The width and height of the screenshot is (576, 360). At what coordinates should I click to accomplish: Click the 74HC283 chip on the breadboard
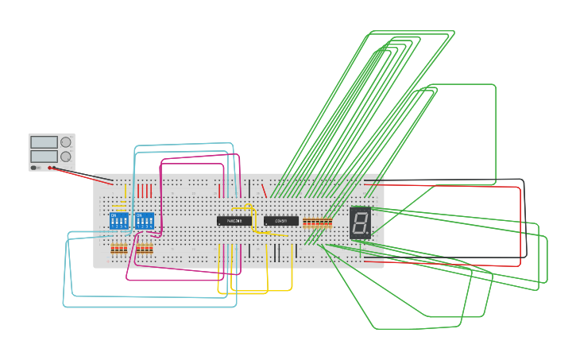click(234, 221)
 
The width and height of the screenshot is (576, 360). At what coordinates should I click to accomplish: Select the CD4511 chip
click(281, 221)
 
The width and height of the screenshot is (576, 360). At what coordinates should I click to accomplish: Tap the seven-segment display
click(360, 223)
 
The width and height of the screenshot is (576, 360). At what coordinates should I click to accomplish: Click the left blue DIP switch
click(119, 220)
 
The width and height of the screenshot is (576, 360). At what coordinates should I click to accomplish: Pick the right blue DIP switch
click(145, 220)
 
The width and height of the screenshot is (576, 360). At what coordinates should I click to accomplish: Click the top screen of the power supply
click(44, 142)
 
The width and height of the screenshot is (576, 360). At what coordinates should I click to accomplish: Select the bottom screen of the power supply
click(44, 157)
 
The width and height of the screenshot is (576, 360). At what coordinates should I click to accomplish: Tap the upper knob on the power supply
click(66, 142)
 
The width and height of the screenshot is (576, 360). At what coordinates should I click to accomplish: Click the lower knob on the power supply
click(66, 157)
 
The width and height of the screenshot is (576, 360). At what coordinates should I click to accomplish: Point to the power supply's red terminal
click(49, 168)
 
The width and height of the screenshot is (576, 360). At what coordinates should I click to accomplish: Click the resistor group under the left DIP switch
click(118, 249)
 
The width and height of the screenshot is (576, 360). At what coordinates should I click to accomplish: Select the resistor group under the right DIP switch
click(144, 249)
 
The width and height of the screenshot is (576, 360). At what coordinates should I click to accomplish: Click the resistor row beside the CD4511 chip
click(317, 222)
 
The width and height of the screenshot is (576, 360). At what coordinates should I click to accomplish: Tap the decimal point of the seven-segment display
click(369, 234)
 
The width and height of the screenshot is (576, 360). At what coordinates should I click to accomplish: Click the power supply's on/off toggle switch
click(33, 168)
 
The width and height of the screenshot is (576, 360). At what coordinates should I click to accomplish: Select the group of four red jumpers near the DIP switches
click(144, 191)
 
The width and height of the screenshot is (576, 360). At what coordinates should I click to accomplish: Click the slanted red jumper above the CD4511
click(264, 190)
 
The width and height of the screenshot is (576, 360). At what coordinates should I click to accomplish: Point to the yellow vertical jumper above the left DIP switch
click(126, 192)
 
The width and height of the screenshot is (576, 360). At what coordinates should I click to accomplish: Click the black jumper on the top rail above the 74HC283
click(249, 188)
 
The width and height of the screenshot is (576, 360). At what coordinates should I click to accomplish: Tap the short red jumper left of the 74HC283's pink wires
click(220, 190)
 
